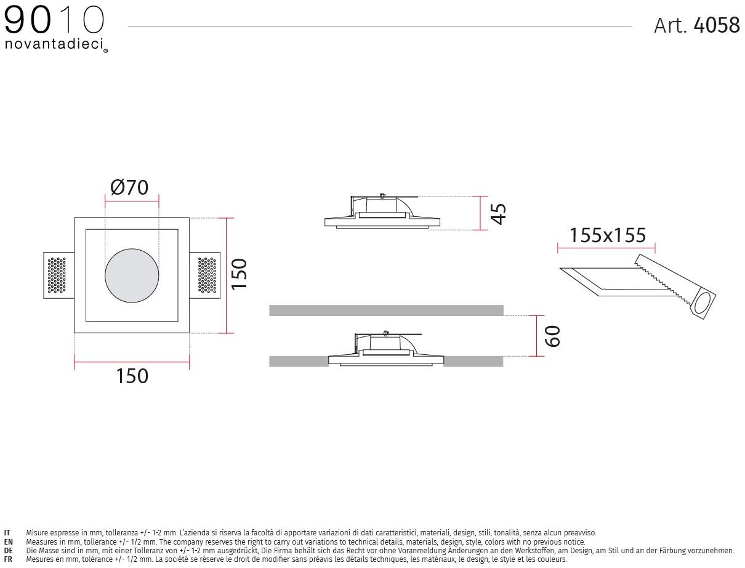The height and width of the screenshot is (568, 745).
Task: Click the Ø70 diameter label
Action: click(129, 187)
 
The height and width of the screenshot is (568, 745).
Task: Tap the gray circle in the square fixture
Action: click(132, 275)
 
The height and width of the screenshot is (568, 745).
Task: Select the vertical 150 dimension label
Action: click(239, 274)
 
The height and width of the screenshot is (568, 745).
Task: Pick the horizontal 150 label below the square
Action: click(132, 376)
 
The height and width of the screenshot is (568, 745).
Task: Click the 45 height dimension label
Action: click(498, 214)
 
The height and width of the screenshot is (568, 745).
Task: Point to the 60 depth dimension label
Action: click(552, 336)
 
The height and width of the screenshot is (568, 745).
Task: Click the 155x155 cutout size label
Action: click(608, 235)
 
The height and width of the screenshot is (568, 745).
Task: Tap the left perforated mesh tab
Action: click(58, 275)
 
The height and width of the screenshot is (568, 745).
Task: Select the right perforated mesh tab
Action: click(204, 275)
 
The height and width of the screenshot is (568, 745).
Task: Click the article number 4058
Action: click(717, 25)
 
